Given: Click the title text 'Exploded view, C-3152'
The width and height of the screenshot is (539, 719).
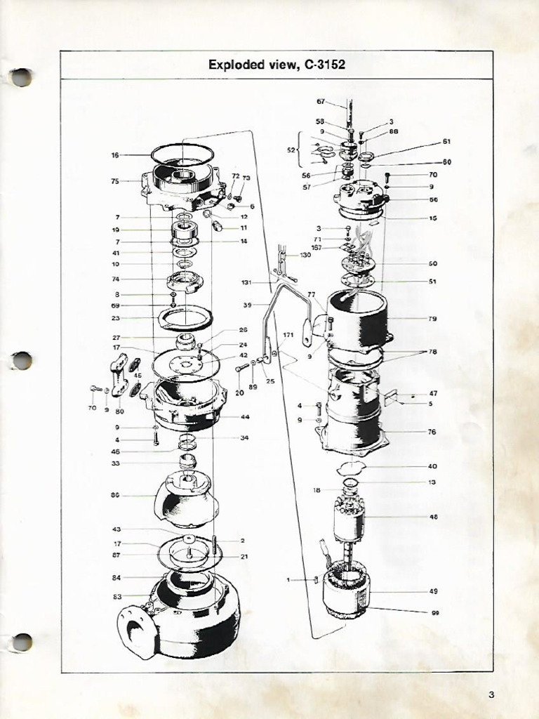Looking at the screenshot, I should tap(277, 65).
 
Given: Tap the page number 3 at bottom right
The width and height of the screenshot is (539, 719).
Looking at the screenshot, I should tap(491, 695).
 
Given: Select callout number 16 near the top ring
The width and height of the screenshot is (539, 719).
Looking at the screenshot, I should tap(115, 155).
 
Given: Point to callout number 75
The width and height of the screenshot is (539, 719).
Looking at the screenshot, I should tap(115, 181).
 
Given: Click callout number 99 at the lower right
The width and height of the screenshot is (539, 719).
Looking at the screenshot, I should tap(435, 613).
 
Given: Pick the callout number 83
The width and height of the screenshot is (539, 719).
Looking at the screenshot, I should tap(117, 597).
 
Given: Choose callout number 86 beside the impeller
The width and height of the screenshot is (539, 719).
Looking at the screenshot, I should tap(115, 495).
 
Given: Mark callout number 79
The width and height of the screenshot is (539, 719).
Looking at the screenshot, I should tap(432, 319).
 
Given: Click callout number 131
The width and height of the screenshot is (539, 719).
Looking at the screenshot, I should tap(246, 283).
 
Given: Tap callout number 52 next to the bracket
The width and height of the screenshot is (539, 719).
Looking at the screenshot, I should tap(291, 150).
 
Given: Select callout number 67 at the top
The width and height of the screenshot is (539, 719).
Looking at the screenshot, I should tap(321, 102).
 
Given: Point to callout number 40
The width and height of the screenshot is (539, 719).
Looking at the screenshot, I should tap(432, 466).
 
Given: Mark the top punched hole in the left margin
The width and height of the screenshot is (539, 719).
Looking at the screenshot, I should tap(22, 77).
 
